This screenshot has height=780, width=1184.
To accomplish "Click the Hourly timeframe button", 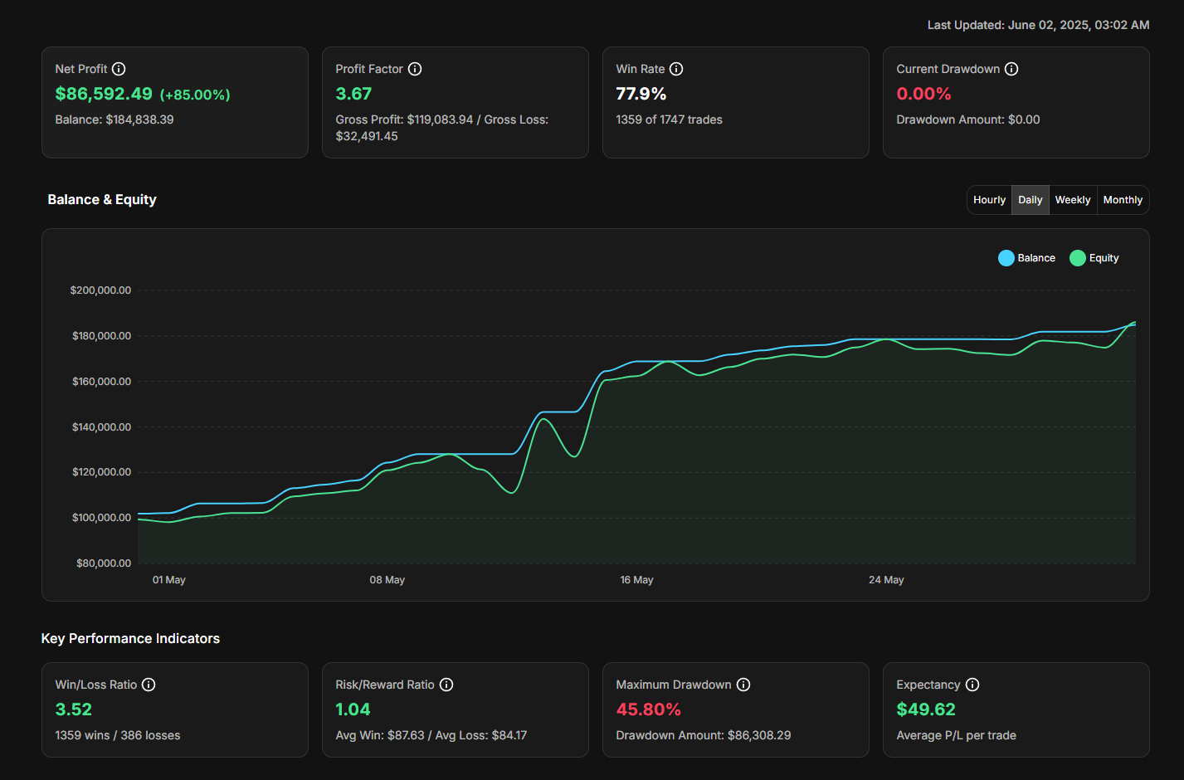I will coord(989,200).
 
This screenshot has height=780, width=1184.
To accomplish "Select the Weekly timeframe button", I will coord(1073,200).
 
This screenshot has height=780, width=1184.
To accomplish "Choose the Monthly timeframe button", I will coord(1123,200).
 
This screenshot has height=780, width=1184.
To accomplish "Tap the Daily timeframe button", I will coord(1031,200).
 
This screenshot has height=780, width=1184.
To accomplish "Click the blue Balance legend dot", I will coord(1006,258).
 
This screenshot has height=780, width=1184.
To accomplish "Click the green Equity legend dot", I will coord(1078,258).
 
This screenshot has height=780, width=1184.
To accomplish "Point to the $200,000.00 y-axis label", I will coord(100,290).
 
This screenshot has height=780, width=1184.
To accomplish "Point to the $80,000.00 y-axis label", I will coord(104,563).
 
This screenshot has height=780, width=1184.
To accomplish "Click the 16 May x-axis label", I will coord(636,580).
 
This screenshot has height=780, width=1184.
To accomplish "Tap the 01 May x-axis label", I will coord(169,580).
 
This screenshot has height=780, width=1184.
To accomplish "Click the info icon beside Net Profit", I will coord(119,69).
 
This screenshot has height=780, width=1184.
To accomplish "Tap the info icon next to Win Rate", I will coord(676,69).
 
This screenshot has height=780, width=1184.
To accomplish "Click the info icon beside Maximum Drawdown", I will coord(743,685).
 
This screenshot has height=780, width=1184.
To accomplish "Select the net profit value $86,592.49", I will coord(104,94).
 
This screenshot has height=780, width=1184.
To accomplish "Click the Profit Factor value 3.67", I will coord(353,94).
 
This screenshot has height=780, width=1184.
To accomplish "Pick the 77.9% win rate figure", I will coord(641,94).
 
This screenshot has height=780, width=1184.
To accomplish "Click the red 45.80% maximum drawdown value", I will coord(648,709).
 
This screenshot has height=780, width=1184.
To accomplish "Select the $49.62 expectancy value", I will coord(926,709).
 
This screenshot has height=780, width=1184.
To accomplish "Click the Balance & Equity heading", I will coord(102,199).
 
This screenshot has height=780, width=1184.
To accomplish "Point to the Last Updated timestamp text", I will coord(1038,25).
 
